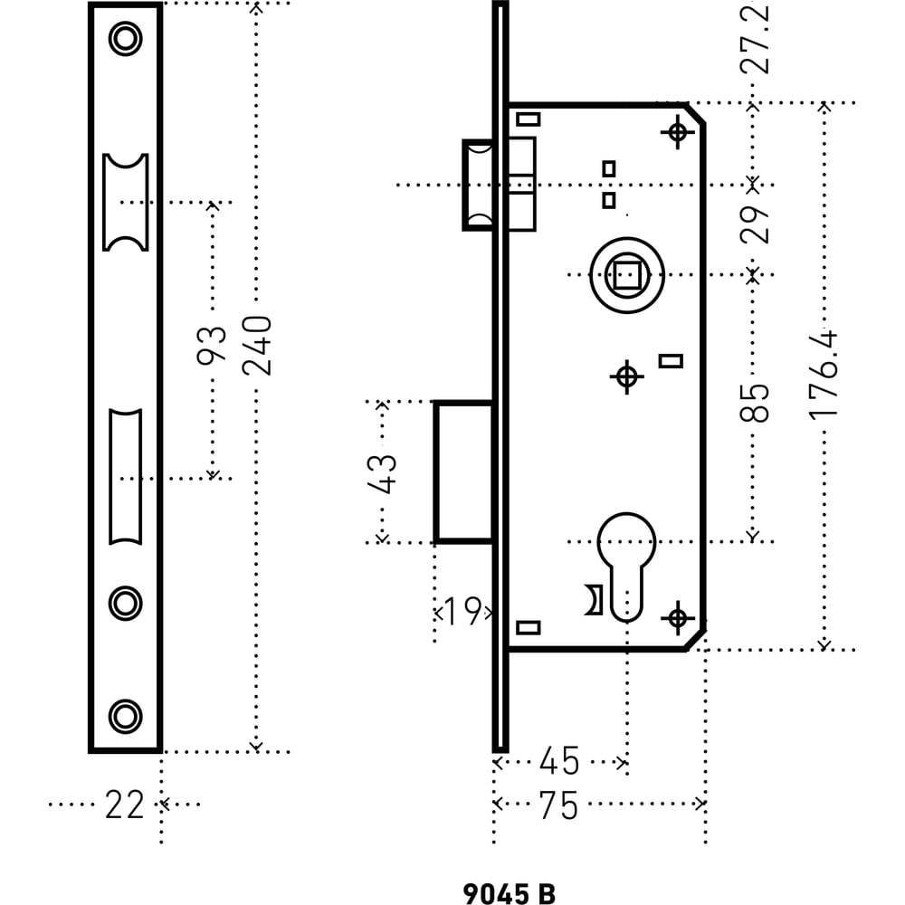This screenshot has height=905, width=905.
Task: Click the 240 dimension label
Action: [x=257, y=345]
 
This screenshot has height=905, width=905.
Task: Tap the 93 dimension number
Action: [x=212, y=345]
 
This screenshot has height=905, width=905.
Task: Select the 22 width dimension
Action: [x=124, y=805]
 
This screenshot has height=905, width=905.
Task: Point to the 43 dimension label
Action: [x=382, y=474]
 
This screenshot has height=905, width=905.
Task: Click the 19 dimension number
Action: [x=463, y=612]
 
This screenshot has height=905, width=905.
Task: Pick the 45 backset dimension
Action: [x=558, y=761]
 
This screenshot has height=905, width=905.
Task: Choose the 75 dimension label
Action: [x=558, y=805]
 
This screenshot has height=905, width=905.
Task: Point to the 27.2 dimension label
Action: [x=755, y=37]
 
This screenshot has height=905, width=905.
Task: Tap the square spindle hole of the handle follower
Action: [x=627, y=275]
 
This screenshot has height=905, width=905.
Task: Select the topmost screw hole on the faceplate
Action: [x=125, y=39]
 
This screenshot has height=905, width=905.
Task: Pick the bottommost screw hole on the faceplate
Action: [x=125, y=716]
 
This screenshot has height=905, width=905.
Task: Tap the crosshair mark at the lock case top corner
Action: [x=678, y=132]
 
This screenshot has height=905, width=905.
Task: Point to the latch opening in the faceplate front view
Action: [x=126, y=202]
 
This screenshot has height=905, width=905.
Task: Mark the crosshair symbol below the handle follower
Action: [x=627, y=376]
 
